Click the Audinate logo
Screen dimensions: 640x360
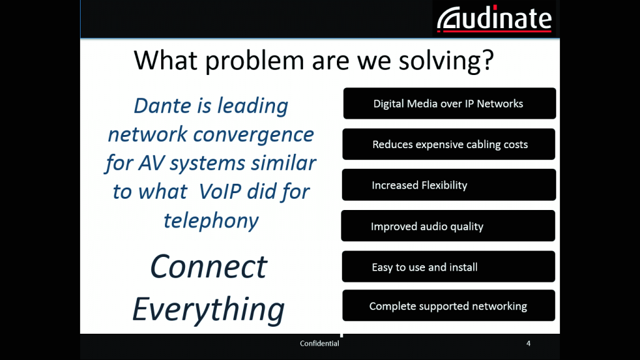494,19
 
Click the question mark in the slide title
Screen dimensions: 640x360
488,60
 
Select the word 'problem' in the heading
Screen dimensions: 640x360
254,61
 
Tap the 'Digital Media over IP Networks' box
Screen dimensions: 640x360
449,103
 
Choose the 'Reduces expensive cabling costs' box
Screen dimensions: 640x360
449,144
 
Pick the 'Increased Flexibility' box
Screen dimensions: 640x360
449,184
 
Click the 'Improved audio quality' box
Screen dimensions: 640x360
448,226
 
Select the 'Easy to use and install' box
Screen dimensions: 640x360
449,266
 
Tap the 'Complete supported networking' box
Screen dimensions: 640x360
449,305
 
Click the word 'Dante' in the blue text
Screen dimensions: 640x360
162,106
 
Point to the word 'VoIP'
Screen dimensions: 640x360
220,191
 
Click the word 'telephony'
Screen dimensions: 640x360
211,221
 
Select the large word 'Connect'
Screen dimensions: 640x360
209,267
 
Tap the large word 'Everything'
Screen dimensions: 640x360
208,310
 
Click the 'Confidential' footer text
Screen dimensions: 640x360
319,344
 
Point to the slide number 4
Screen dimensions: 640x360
528,344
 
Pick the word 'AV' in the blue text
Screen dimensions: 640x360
151,163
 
